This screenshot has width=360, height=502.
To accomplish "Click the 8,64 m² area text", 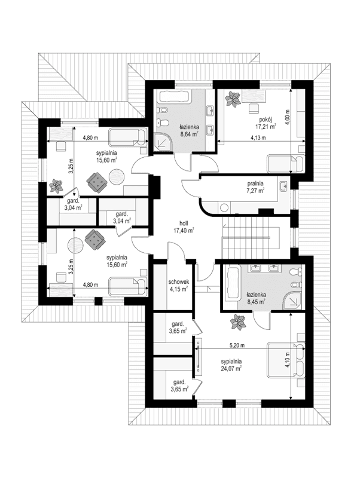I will pos(191,134).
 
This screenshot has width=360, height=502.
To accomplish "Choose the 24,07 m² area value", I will pos(231,369).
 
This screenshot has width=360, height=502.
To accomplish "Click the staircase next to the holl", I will pos(251,236).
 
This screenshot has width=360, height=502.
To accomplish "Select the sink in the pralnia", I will pos(283,186).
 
